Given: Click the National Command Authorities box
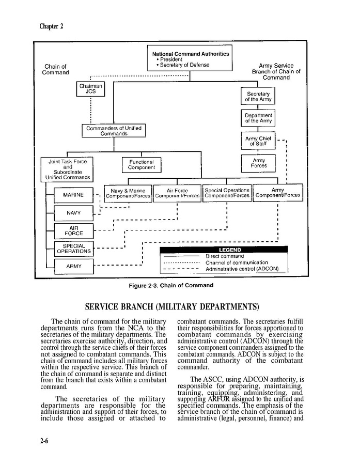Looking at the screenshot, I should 191,58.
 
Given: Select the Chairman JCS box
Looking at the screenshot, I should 91,88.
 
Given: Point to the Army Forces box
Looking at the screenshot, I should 258,163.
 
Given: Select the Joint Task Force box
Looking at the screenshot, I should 68,169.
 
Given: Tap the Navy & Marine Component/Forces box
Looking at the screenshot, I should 128,193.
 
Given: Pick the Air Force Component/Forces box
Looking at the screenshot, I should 177,193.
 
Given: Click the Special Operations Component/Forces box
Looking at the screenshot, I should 227,193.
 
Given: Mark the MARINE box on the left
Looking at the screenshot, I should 74,195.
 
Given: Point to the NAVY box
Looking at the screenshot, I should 74,213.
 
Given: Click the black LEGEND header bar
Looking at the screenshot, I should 223,250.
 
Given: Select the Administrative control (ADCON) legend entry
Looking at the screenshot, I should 242,269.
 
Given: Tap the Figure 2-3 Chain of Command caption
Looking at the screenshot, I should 170,285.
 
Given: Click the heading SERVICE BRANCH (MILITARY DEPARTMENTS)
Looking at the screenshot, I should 172,307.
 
